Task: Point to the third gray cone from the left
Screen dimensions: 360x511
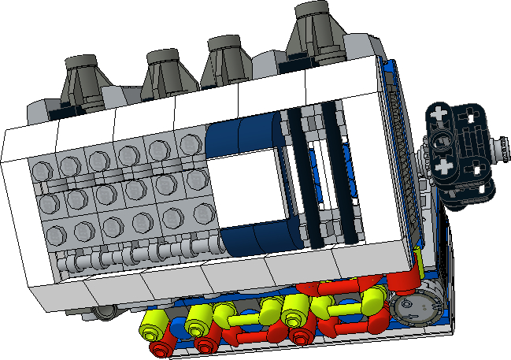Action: [226, 61]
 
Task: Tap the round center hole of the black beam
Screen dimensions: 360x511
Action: [441, 142]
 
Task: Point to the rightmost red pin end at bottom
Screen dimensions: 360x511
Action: [298, 337]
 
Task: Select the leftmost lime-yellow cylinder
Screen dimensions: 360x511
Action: [151, 322]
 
